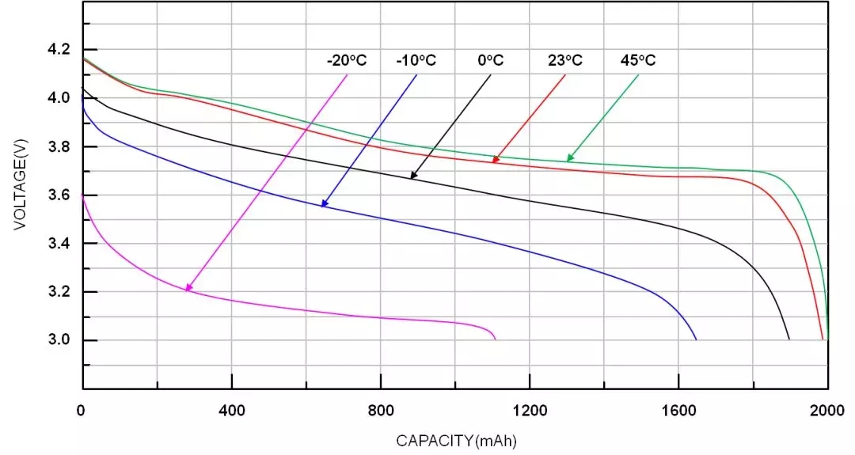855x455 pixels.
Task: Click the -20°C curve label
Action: tap(346, 60)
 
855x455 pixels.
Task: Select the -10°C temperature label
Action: tap(416, 60)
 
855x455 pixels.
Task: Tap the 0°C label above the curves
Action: tap(490, 60)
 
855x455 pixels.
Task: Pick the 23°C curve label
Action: tap(564, 60)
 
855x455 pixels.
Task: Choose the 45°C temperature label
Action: tap(638, 60)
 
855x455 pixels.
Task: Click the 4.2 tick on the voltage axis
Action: tap(59, 49)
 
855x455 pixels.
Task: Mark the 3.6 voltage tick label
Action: tap(59, 195)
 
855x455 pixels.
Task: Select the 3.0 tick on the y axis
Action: tap(59, 340)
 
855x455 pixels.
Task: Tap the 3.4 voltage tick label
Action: tap(59, 244)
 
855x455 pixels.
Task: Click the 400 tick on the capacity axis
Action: tap(232, 410)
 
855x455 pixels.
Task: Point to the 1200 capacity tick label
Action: tap(530, 410)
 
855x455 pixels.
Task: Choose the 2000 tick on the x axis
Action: tap(828, 410)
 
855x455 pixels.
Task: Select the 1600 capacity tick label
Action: tap(679, 410)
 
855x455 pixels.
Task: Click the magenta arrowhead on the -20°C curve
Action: tap(188, 288)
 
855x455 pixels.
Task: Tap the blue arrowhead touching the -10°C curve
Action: tap(324, 204)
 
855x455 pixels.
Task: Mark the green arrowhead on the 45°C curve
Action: tap(569, 158)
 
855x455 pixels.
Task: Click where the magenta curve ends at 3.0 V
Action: tap(496, 339)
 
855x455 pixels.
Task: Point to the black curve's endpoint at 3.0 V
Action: tap(789, 339)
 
